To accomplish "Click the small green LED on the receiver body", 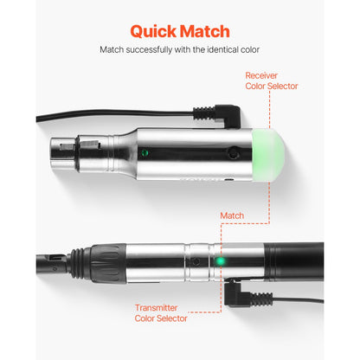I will click(145, 151).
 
